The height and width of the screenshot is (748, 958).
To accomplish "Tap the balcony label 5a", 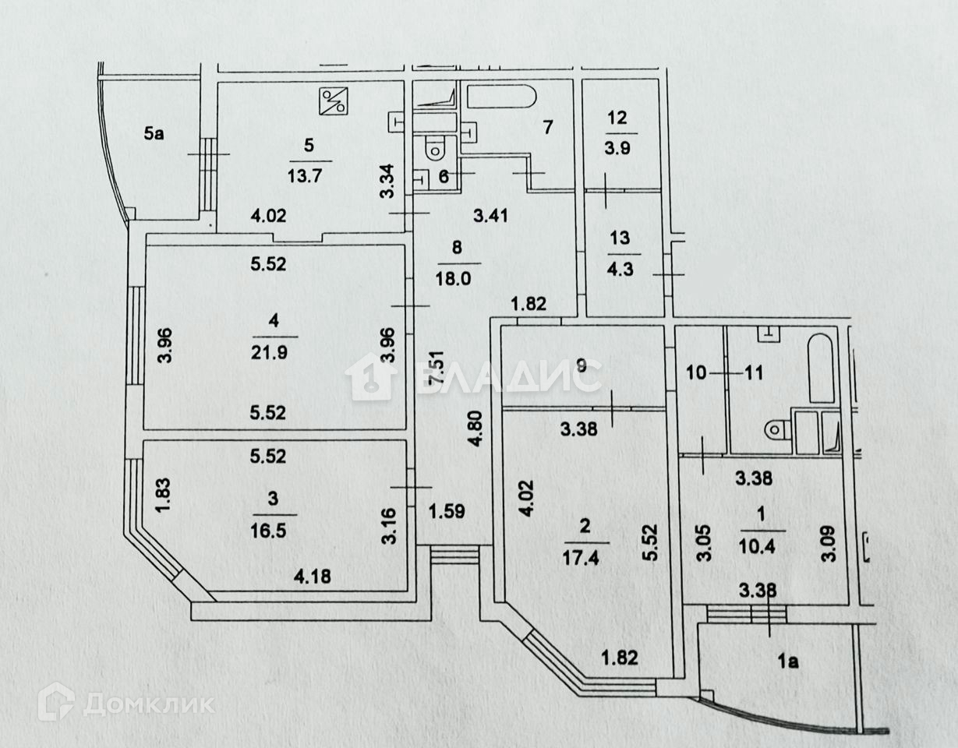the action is (154, 134).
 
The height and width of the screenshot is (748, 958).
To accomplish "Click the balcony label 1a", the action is (789, 662).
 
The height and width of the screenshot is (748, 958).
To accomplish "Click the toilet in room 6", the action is (434, 146).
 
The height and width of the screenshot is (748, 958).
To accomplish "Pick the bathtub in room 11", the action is (821, 369).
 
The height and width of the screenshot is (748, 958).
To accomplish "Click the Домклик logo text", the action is (148, 704).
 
